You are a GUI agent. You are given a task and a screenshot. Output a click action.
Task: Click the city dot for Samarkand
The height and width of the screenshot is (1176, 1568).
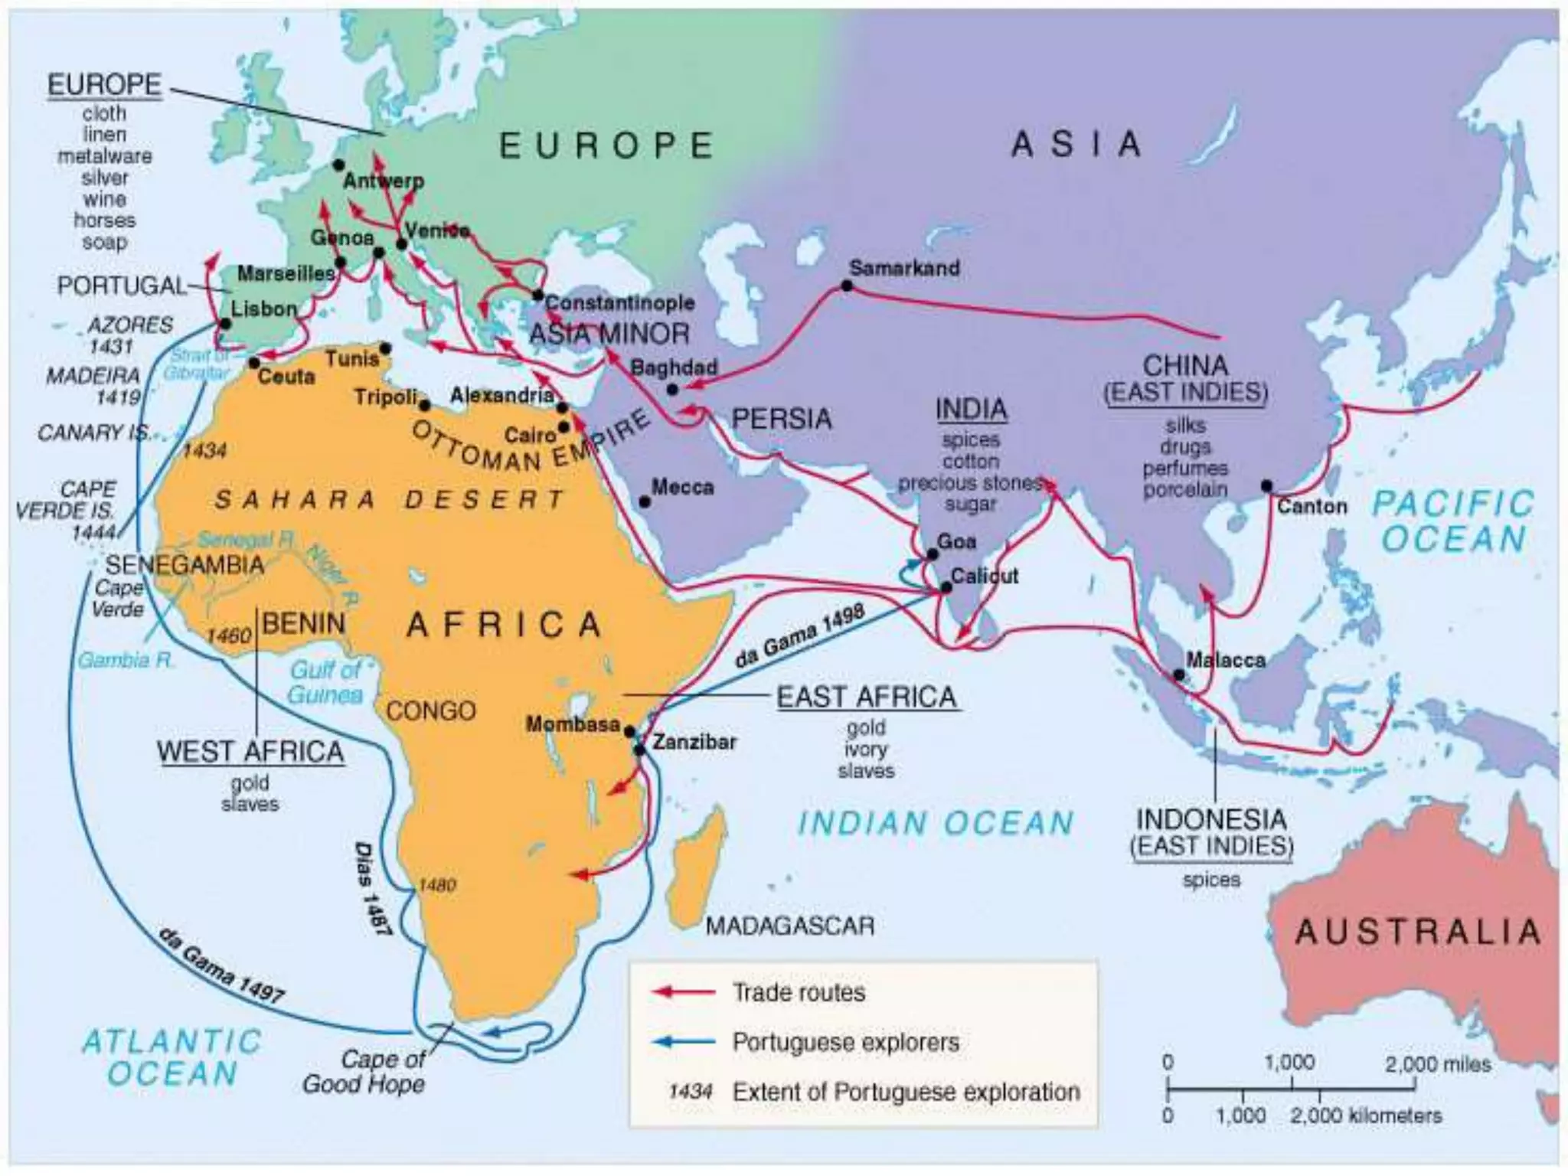click(847, 286)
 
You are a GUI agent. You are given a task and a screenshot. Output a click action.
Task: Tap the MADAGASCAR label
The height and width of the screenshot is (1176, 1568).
click(789, 926)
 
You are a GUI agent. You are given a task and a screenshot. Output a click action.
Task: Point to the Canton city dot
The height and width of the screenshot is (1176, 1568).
click(1266, 486)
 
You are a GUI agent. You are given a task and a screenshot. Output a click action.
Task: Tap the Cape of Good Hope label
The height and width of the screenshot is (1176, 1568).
click(366, 1072)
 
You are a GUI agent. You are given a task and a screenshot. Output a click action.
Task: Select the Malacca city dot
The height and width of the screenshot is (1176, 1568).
click(1179, 675)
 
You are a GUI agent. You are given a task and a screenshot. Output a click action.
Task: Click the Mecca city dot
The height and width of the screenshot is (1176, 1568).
click(645, 501)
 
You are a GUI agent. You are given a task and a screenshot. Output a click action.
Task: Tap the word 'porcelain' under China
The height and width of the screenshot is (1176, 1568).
click(1185, 489)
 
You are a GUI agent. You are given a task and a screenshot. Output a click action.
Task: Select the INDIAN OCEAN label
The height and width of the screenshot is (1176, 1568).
click(936, 823)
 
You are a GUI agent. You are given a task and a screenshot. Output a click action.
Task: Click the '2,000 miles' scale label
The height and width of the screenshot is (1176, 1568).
click(1437, 1064)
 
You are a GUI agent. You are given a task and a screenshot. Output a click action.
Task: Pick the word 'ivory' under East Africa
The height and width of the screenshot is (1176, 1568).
click(865, 749)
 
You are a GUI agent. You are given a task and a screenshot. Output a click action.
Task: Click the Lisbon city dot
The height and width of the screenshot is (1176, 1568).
click(225, 324)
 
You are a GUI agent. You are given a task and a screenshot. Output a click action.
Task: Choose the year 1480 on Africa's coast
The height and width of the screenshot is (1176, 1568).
click(437, 885)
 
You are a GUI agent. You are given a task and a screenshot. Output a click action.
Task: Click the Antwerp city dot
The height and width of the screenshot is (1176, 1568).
click(338, 165)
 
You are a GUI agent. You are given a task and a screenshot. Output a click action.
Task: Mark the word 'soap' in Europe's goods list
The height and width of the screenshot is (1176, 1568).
click(105, 242)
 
